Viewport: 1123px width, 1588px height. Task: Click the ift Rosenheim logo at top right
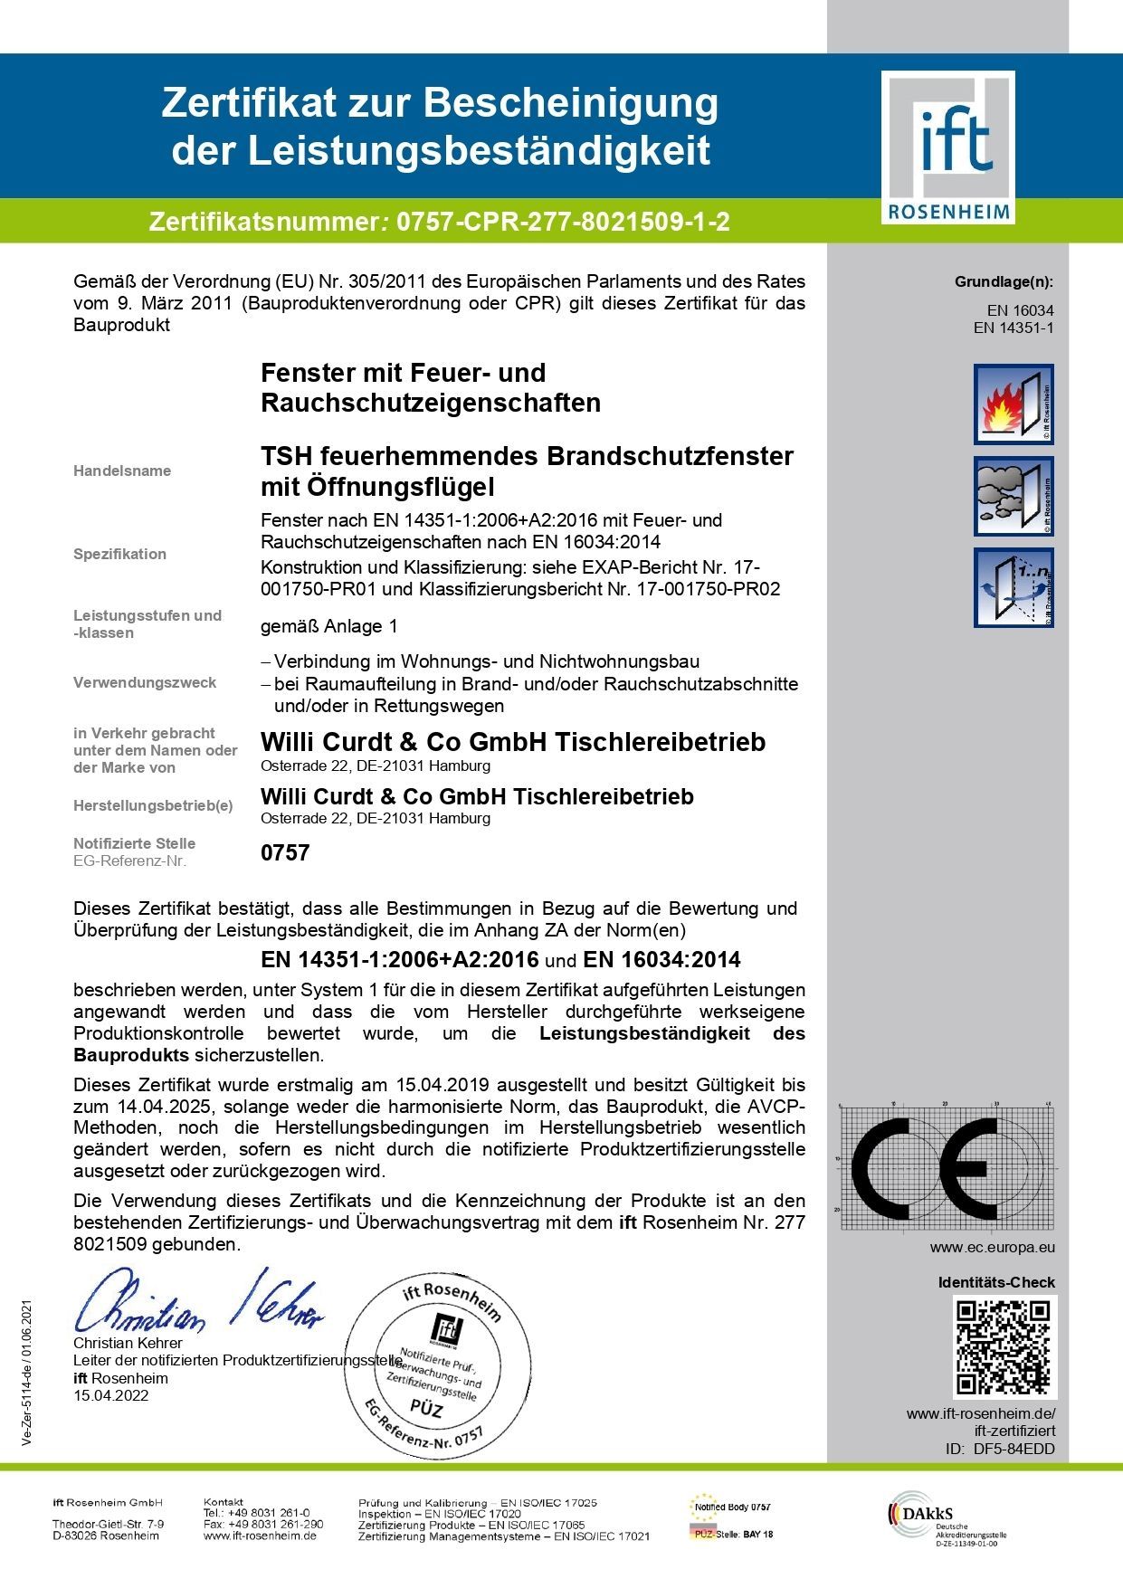[x=948, y=147]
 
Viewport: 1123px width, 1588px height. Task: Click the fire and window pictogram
[x=1014, y=404]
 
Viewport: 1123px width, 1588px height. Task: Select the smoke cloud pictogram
[x=1014, y=496]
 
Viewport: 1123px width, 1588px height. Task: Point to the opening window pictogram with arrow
[x=1014, y=587]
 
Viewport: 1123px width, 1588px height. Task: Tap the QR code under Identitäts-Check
[x=1004, y=1346]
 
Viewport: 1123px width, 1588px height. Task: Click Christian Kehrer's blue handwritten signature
[x=198, y=1302]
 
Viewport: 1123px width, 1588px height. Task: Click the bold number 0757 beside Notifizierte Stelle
[x=285, y=852]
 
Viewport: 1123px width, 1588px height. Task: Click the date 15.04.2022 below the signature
[x=111, y=1395]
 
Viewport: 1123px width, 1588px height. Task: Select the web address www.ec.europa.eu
[x=992, y=1248]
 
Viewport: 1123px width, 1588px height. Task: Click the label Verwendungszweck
[x=145, y=682]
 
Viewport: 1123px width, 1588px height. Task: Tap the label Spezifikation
[x=119, y=554]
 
